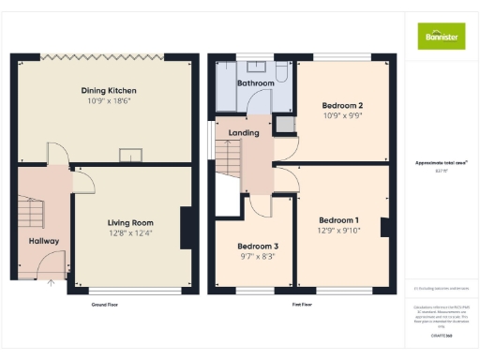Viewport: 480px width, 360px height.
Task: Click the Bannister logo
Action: pyautogui.click(x=440, y=36)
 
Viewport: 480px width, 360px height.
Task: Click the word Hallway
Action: pyautogui.click(x=43, y=241)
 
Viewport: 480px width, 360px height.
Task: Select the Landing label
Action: pyautogui.click(x=244, y=133)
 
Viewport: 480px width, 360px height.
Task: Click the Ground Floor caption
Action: pyautogui.click(x=104, y=306)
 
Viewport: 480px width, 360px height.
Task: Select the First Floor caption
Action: pyautogui.click(x=302, y=306)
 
